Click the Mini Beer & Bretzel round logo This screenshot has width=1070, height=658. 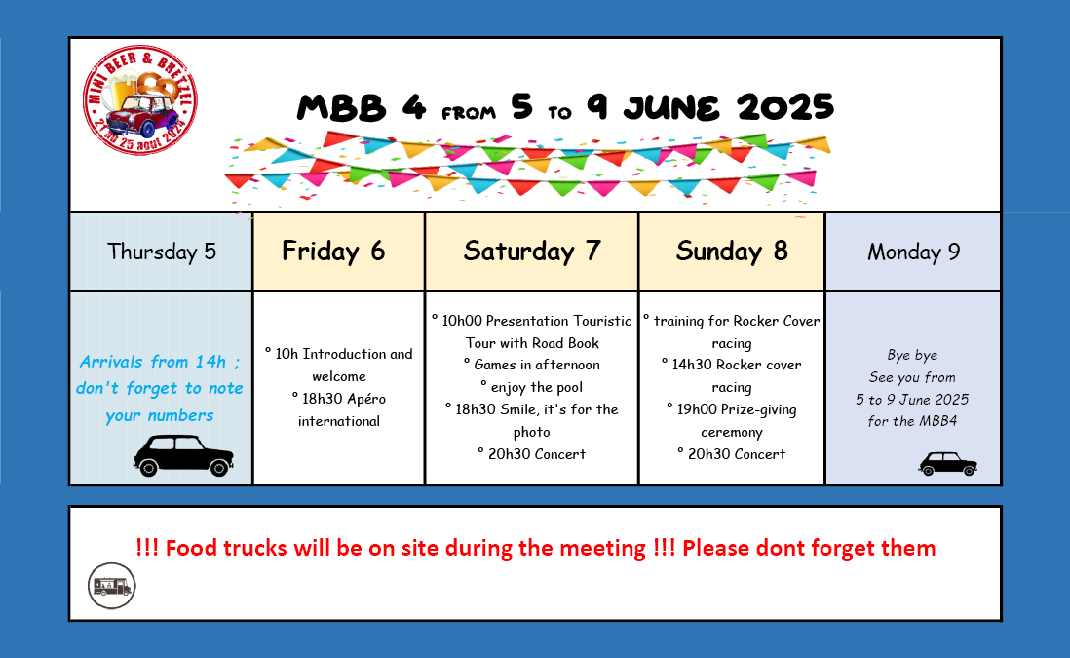coord(140,100)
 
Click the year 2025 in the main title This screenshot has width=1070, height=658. coord(784,107)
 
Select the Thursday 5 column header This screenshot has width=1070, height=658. coord(161,252)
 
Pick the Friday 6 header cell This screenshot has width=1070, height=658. coord(338,252)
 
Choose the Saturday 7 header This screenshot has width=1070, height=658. coord(531,252)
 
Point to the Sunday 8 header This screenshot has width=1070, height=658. coord(732,252)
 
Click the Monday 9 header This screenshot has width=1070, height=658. coord(913,252)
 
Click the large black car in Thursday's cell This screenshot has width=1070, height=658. coord(183,455)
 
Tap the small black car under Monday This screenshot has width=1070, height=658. coord(948,463)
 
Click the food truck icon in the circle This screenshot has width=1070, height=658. coord(112,586)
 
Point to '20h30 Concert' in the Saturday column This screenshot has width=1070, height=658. coord(537,454)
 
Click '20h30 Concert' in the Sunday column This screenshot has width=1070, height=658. coord(737,454)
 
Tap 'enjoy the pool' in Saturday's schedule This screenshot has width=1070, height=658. coord(536,387)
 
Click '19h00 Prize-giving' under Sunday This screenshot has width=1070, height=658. coord(737,409)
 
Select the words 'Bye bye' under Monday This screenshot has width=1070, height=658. coord(912,355)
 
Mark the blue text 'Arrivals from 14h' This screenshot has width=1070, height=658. coord(153,361)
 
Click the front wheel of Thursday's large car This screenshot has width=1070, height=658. coord(219,468)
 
